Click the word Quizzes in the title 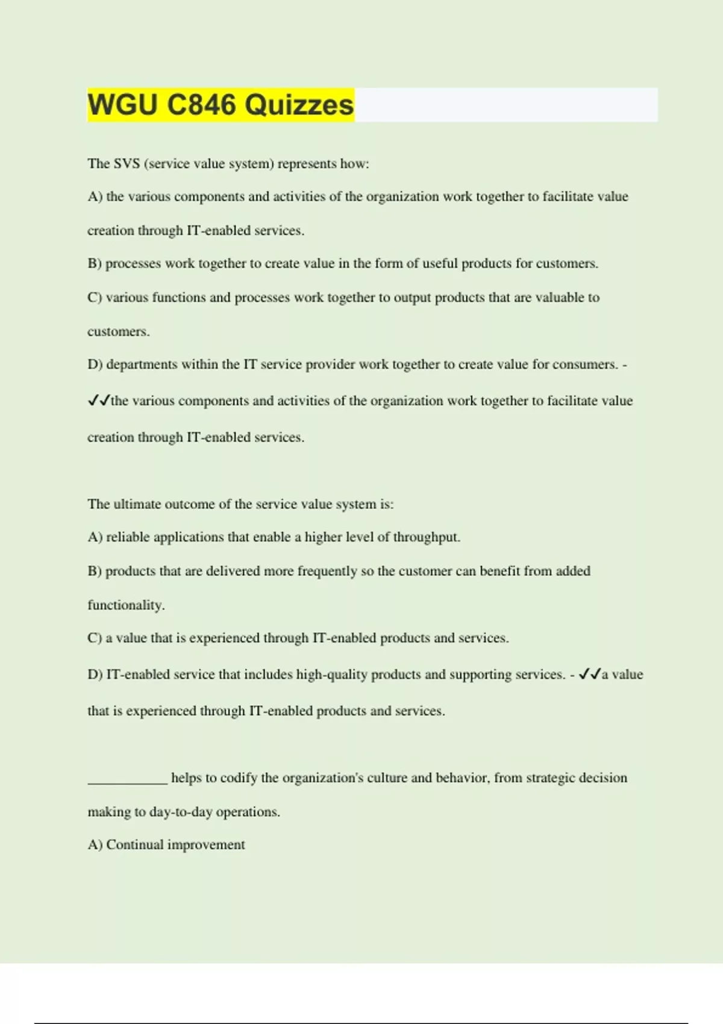[299, 105]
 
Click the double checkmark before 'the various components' [98, 401]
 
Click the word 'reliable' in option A [128, 537]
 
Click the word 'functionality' [125, 605]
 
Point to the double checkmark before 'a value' [589, 675]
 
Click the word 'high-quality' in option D [331, 675]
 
